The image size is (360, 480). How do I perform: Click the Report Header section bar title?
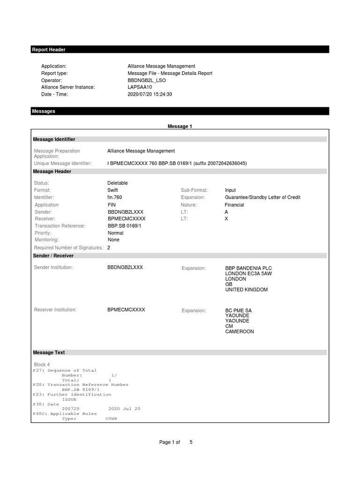[49, 50]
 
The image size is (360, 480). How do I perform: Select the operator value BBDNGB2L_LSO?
[147, 80]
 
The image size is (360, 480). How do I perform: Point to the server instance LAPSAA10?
[140, 87]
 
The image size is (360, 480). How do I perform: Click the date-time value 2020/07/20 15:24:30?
[150, 94]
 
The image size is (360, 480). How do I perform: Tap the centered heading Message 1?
[180, 127]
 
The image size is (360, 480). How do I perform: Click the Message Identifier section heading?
[54, 139]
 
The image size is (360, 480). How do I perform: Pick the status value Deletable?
[118, 183]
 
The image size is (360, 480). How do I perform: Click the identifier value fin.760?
[115, 197]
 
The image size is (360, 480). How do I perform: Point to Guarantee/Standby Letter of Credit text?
[262, 197]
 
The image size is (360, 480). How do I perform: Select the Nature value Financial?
[234, 205]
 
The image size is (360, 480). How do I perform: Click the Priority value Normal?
[116, 233]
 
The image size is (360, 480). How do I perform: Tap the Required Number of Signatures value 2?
[109, 247]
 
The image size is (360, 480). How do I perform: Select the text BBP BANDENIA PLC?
[248, 268]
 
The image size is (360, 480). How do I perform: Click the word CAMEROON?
[240, 331]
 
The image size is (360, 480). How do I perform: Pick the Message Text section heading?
[49, 352]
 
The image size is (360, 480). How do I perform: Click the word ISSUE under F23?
[69, 399]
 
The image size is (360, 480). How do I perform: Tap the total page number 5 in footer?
[191, 442]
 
